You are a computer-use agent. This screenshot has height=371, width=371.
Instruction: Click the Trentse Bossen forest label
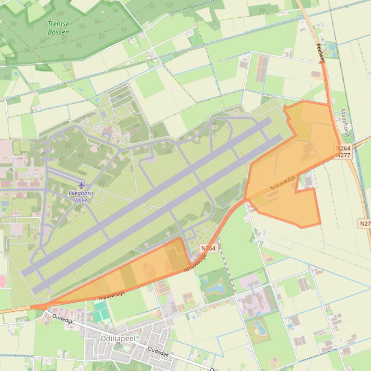pos(58,28)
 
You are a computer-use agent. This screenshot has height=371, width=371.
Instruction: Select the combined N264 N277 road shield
pos(344,152)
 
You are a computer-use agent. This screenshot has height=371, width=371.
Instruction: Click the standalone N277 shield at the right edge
pos(365,224)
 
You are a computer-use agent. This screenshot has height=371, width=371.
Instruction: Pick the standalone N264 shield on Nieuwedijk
pos(209,248)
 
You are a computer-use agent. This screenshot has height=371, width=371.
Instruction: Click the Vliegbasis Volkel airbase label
pos(81,196)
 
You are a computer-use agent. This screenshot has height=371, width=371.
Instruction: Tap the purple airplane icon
pos(81,185)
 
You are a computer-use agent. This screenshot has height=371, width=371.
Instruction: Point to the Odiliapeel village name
pos(118,338)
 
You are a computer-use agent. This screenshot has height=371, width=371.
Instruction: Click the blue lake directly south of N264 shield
pos(214,288)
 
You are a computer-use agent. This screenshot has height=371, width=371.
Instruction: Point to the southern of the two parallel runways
pos(159,212)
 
